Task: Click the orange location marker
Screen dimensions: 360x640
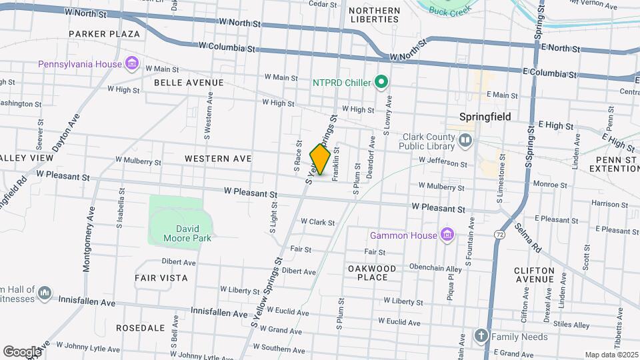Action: click(320, 160)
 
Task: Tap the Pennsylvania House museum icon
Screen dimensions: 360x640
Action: click(132, 64)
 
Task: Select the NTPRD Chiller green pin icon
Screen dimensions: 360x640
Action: click(381, 83)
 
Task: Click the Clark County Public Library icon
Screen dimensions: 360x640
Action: click(465, 141)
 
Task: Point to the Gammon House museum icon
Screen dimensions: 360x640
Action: click(447, 235)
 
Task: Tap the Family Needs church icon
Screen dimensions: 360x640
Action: click(482, 336)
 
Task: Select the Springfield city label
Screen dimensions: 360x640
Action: click(485, 117)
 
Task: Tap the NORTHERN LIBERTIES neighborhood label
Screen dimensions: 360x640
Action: click(375, 15)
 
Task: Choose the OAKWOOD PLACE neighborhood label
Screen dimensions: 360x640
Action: click(372, 273)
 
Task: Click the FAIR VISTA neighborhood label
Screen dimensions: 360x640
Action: click(161, 277)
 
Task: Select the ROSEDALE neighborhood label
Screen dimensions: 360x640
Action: click(140, 328)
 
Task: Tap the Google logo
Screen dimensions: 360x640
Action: click(21, 351)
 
